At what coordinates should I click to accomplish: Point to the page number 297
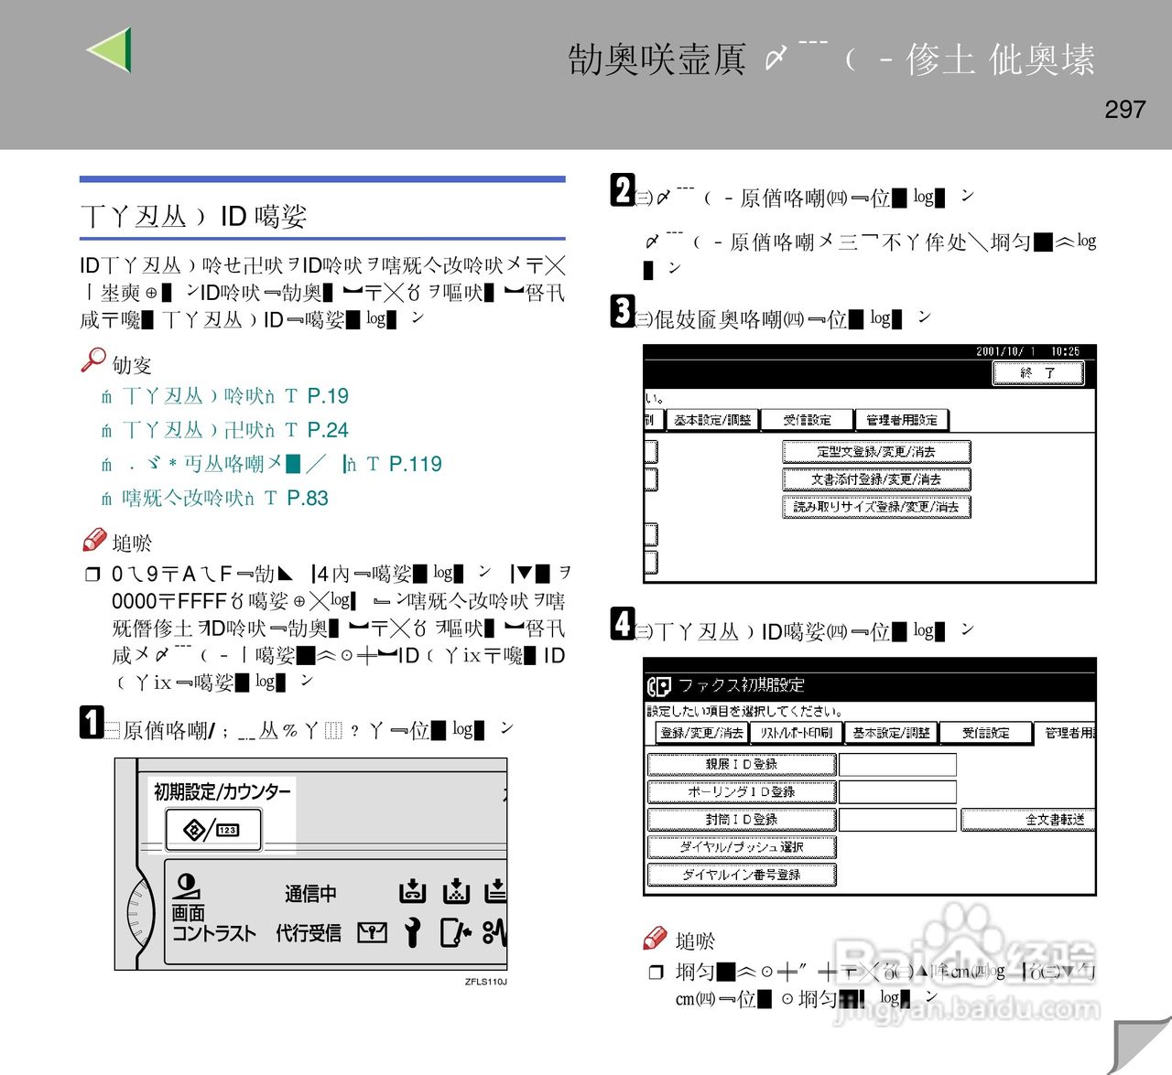point(1124,110)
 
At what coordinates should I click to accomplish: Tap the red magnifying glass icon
point(92,360)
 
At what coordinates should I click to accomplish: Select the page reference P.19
point(328,396)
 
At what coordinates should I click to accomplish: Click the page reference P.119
point(415,464)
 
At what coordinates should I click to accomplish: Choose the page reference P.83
point(307,498)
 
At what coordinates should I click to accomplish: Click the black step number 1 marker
point(91,722)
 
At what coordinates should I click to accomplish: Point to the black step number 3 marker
point(622,311)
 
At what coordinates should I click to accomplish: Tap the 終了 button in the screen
point(1037,373)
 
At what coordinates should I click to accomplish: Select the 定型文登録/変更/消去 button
point(875,452)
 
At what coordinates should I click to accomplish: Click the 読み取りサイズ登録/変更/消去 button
point(875,507)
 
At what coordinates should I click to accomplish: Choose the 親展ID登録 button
point(741,764)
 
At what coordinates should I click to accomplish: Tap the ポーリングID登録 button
point(741,791)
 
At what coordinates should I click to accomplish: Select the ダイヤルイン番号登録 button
point(741,875)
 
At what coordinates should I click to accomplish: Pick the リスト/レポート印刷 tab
point(796,733)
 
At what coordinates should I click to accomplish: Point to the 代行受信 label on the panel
point(309,933)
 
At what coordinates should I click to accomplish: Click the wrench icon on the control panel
point(413,932)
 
